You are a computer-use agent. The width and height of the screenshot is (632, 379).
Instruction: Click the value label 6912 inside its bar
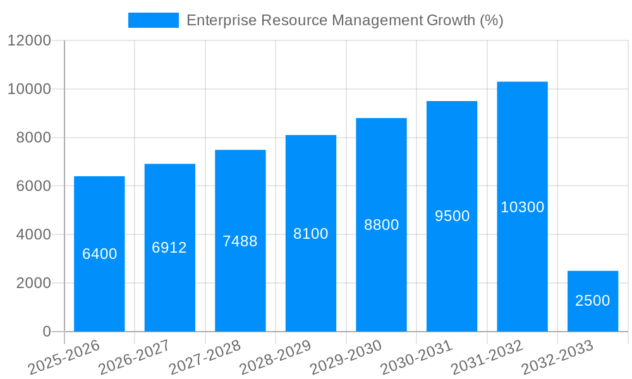pos(169,248)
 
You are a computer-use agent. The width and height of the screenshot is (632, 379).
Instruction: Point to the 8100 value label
pos(311,234)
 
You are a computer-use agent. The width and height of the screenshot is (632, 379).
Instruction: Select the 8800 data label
pos(381,225)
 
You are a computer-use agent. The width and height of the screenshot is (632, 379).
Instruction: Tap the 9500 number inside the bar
pos(452,216)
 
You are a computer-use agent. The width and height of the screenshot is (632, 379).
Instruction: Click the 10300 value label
pos(522,207)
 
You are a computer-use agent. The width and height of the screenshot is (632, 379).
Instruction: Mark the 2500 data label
pos(593,301)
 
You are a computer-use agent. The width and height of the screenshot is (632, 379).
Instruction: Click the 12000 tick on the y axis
pos(29,41)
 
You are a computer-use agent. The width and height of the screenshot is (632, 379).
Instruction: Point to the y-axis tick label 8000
pos(33,138)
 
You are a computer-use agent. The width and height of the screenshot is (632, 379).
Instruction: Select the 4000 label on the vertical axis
pos(33,235)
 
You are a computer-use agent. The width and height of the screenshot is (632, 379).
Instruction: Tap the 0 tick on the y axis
pos(46,332)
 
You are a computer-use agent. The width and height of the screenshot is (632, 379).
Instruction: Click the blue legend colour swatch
pos(153,20)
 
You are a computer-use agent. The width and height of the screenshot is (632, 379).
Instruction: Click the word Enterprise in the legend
pos(221,20)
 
